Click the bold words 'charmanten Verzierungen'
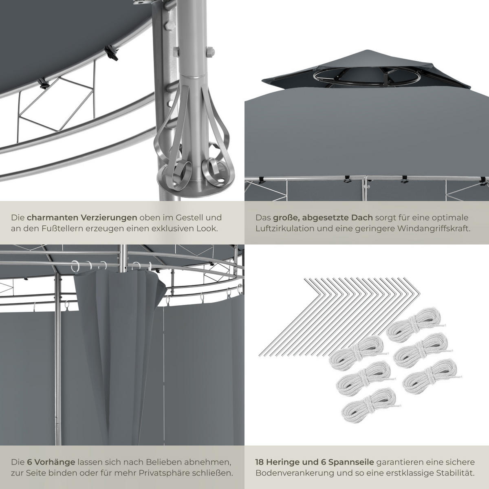(x=81, y=218)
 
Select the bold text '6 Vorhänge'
(x=51, y=462)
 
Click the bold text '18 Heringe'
(x=275, y=462)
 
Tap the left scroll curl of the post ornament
(x=178, y=171)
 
